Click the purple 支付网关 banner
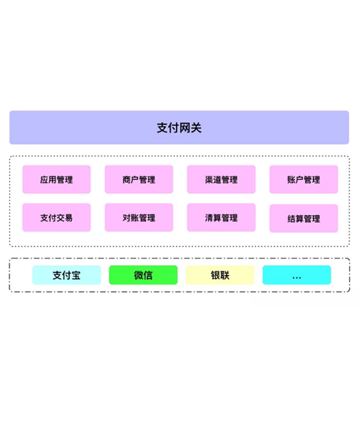[x=179, y=127]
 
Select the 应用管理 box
[x=56, y=179]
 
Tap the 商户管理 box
[x=139, y=179]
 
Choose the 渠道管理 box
[x=221, y=179]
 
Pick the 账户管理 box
[x=304, y=179]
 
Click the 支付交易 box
[x=56, y=217]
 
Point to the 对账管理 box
[x=139, y=217]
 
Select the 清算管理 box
[x=221, y=217]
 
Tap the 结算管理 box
[x=304, y=218]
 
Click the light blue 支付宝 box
[x=66, y=275]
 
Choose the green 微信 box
[x=143, y=275]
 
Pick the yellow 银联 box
[x=220, y=275]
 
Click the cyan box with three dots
[x=297, y=275]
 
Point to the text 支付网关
[x=179, y=128]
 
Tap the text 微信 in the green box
[x=143, y=275]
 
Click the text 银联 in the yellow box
[x=220, y=275]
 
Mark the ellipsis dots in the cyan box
[x=297, y=278]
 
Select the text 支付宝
[x=66, y=275]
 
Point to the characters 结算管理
[x=304, y=219]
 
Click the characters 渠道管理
[x=221, y=179]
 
